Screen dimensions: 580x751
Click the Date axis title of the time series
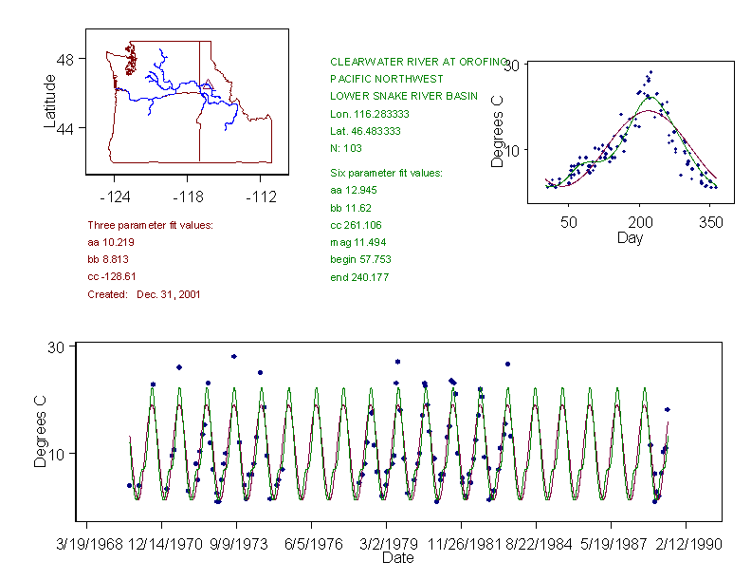tap(397, 558)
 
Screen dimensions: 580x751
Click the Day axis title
tap(630, 238)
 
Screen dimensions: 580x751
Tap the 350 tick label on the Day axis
tap(711, 222)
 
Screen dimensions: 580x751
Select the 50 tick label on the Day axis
tap(569, 222)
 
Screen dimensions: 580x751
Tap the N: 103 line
tap(346, 148)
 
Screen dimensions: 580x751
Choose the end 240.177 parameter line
tap(359, 277)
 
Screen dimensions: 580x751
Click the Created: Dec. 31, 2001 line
tap(143, 294)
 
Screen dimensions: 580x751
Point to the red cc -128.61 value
tap(112, 276)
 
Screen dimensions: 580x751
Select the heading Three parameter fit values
tap(150, 225)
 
